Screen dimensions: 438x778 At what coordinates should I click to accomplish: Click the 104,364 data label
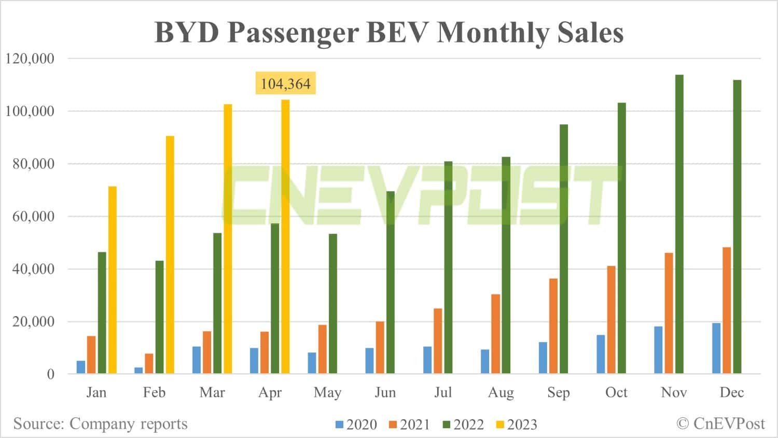(285, 83)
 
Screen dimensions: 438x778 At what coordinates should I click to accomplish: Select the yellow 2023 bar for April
(285, 236)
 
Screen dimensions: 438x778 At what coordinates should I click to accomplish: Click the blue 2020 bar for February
(138, 370)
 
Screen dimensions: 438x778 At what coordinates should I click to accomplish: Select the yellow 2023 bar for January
(113, 280)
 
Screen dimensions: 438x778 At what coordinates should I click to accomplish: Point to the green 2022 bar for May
(333, 304)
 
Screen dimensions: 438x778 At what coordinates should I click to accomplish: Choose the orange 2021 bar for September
(553, 326)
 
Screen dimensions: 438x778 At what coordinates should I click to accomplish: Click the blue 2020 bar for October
(601, 354)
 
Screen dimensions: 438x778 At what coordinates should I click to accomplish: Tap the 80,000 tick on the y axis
(33, 164)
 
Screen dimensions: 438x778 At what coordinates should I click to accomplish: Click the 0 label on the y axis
(50, 374)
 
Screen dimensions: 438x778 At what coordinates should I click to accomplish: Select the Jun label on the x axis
(385, 392)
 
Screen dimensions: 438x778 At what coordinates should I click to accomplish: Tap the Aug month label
(501, 392)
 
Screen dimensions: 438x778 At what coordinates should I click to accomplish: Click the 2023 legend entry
(517, 425)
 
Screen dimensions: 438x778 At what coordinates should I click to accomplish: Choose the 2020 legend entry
(356, 425)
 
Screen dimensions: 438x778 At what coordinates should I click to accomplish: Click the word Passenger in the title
(293, 33)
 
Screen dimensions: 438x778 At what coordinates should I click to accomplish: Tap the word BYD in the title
(188, 33)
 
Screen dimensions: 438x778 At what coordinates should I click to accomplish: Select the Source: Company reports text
(100, 424)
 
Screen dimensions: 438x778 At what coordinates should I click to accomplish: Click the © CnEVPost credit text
(720, 423)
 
